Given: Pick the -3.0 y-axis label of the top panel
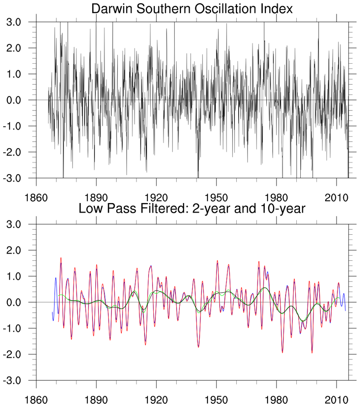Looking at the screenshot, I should (x=15, y=178).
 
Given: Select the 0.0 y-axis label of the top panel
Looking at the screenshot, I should (x=17, y=100).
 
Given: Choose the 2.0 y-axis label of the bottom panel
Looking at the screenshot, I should (x=17, y=250).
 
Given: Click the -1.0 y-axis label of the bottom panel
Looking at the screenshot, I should (x=15, y=328).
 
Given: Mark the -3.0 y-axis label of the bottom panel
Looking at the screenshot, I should (x=15, y=380).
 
